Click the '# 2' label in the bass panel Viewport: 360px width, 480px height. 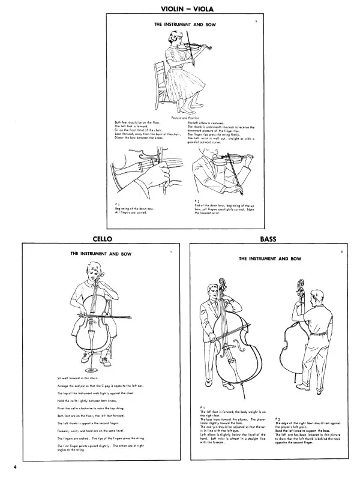tap(277, 418)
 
